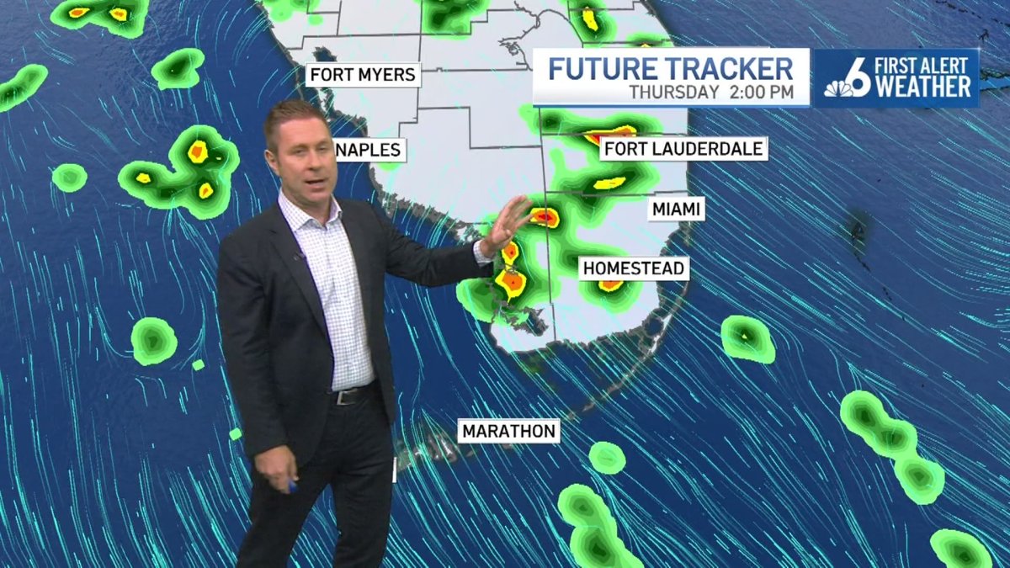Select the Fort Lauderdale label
point(683,150)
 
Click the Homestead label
point(635,268)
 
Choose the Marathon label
point(509,432)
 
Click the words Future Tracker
point(671,68)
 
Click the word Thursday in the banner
point(673,92)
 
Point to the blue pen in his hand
point(292,486)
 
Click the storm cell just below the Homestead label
point(610,286)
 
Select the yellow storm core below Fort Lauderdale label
point(609,183)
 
